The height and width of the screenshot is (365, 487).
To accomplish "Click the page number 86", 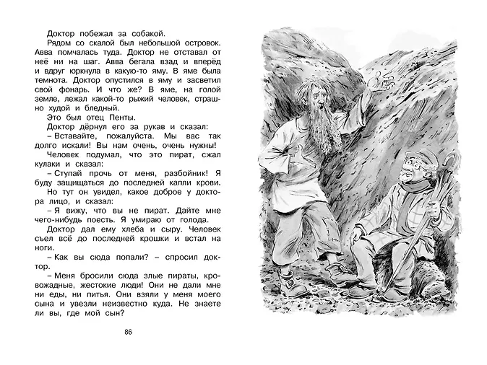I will pos(130,331).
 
